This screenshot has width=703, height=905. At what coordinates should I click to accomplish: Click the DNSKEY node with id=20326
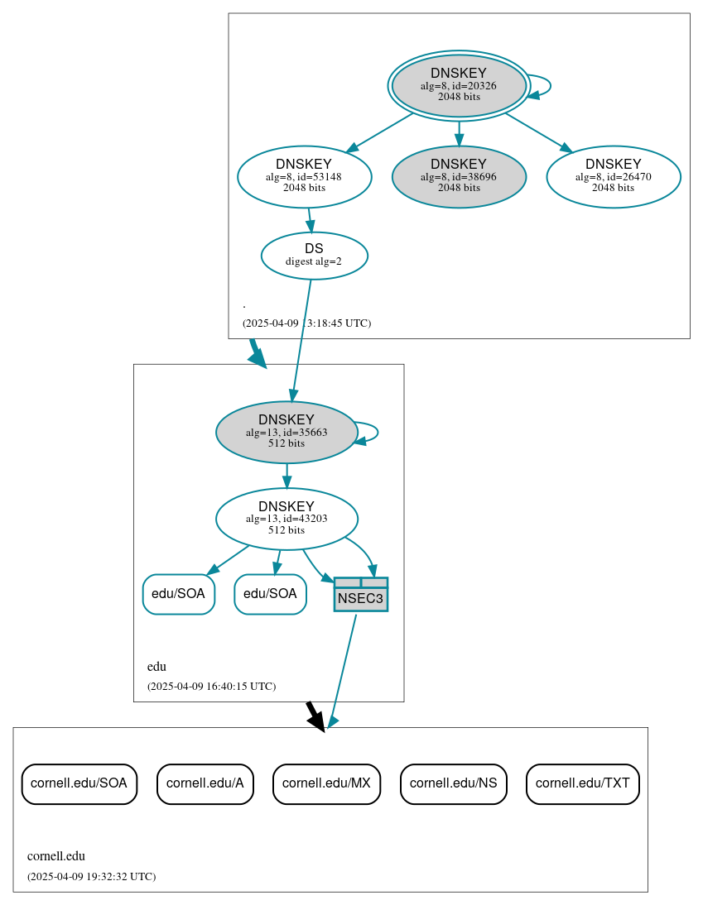(x=459, y=85)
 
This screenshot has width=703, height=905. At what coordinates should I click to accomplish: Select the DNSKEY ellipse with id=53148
(x=304, y=176)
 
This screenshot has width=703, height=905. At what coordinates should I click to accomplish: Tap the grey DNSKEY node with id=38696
(x=459, y=176)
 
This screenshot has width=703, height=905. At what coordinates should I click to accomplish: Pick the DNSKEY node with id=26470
(x=613, y=176)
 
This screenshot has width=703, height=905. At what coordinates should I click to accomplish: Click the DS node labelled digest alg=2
(x=314, y=255)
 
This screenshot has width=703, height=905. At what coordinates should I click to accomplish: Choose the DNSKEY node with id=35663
(x=286, y=432)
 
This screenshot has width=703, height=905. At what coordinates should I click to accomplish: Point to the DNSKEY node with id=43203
(x=286, y=519)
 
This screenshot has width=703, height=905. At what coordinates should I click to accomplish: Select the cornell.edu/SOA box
(x=79, y=783)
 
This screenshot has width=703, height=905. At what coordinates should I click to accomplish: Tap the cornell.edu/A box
(x=205, y=783)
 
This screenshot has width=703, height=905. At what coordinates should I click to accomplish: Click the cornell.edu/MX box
(x=326, y=783)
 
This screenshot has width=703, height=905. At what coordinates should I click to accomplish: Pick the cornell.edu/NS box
(x=453, y=783)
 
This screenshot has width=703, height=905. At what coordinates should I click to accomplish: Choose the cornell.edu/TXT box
(x=582, y=783)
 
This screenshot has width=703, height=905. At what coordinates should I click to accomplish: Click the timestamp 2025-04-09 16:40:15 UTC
(x=211, y=686)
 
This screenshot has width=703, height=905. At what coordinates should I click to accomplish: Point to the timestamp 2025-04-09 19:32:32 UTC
(x=91, y=876)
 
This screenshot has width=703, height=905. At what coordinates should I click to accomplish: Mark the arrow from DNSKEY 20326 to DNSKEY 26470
(x=538, y=132)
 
